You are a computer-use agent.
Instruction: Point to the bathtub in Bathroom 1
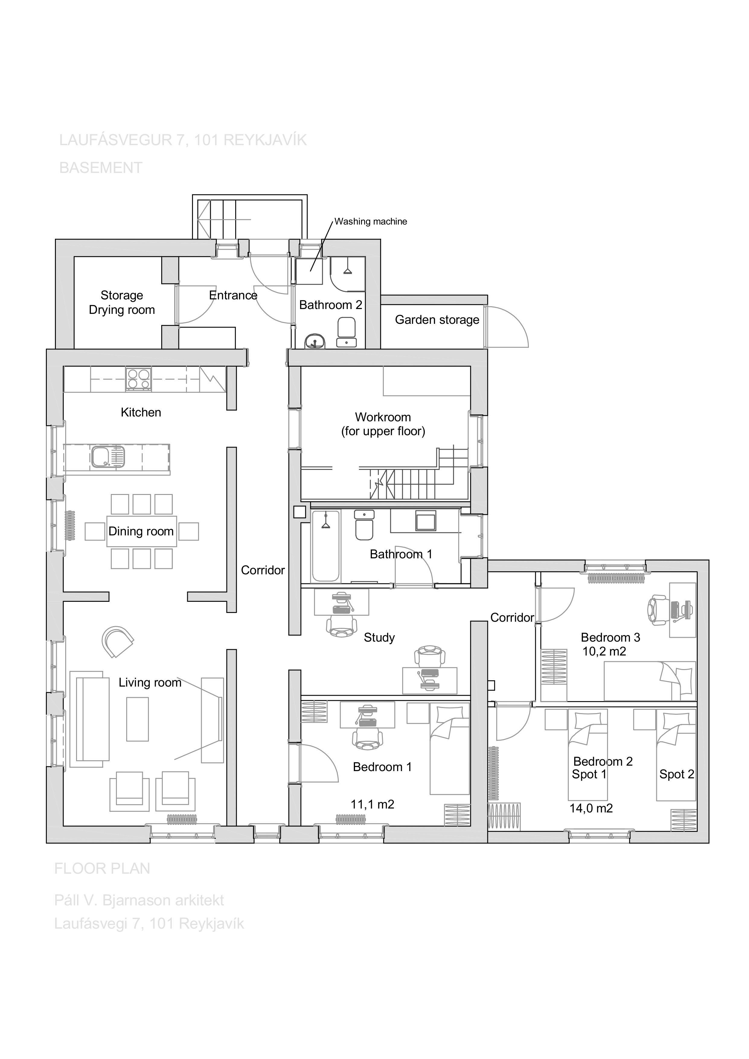tap(326, 546)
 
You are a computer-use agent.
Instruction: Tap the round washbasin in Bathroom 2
tap(315, 342)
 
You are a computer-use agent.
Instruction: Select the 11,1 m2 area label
tap(372, 804)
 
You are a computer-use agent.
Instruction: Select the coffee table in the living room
tap(138, 719)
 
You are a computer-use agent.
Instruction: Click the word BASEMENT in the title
tap(101, 168)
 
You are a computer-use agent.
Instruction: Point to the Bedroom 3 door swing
tap(556, 604)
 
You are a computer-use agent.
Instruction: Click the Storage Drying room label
tap(122, 303)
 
